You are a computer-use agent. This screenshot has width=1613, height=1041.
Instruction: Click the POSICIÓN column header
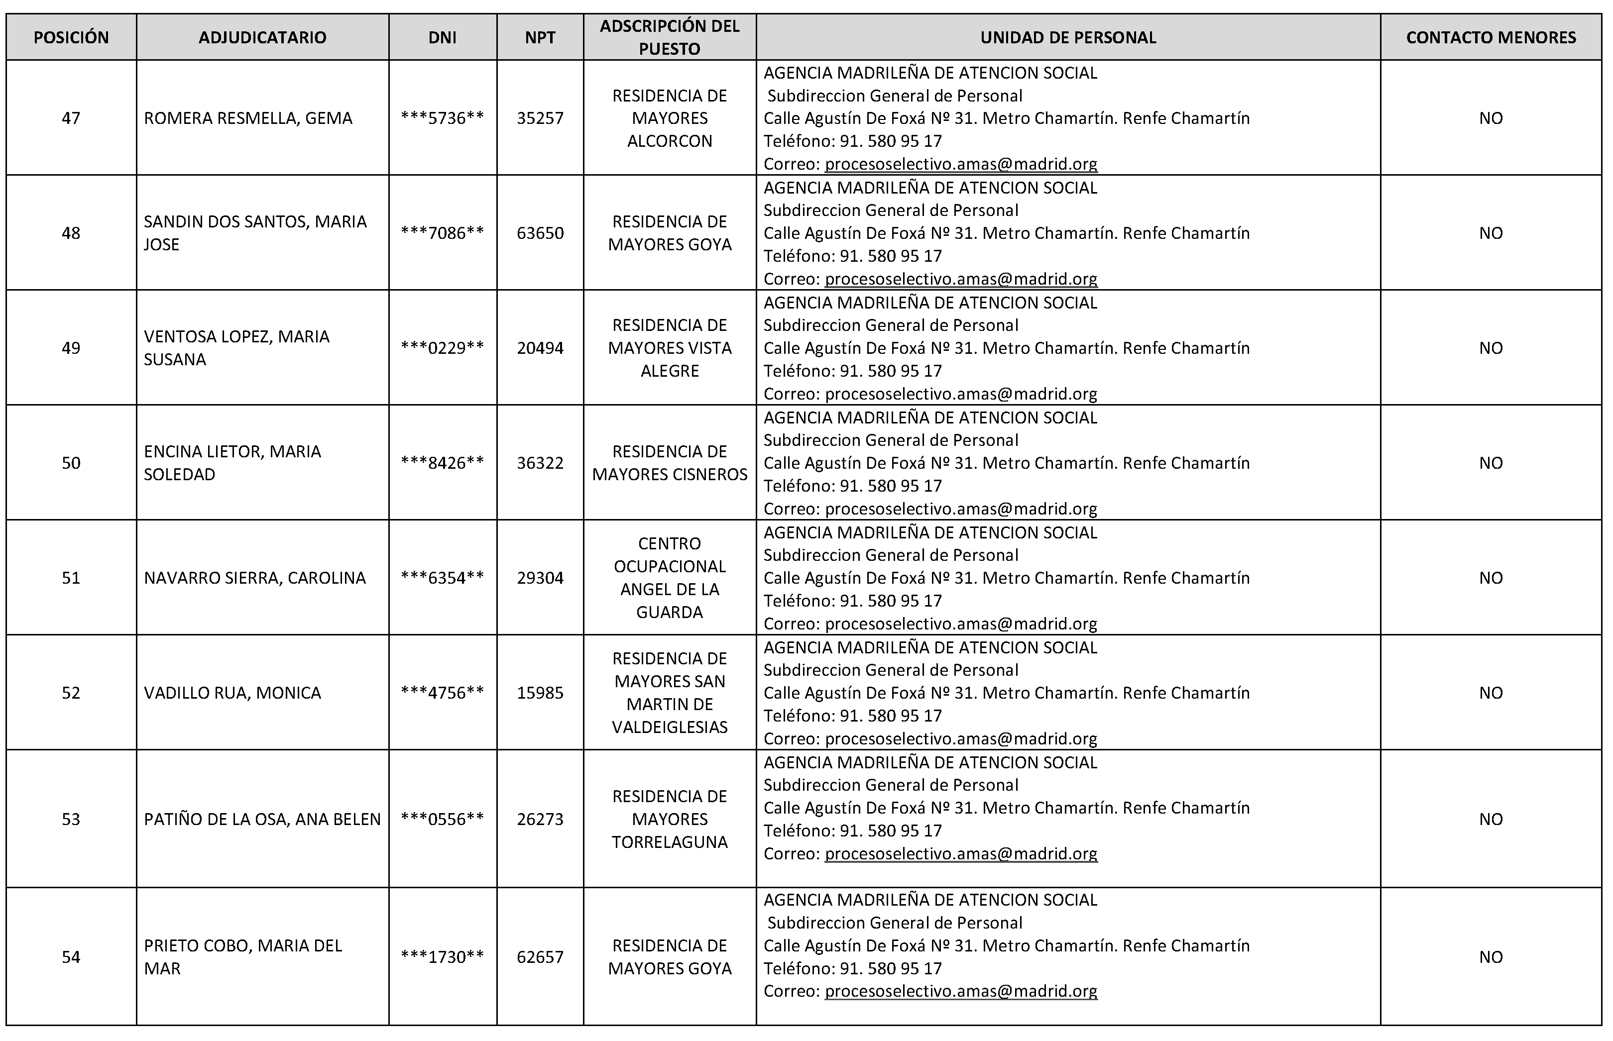[x=71, y=38]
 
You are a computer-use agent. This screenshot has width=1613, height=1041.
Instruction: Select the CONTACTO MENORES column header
[x=1491, y=38]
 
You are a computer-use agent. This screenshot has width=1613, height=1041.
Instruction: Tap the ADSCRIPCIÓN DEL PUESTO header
[x=670, y=38]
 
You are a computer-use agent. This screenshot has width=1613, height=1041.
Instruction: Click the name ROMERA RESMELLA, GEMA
[x=248, y=118]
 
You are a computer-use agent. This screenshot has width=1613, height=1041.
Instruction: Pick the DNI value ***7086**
[x=442, y=233]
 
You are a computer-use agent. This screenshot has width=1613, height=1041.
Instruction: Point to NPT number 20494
[x=540, y=348]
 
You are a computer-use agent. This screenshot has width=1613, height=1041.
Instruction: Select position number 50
[x=71, y=463]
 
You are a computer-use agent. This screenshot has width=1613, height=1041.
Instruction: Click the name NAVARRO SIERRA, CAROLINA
[x=255, y=578]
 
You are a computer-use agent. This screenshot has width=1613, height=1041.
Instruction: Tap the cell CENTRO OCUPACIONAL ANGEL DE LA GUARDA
[x=670, y=578]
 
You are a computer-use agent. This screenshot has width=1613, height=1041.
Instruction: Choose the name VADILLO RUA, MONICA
[x=232, y=693]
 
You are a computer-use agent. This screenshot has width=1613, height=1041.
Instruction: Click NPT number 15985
[x=540, y=693]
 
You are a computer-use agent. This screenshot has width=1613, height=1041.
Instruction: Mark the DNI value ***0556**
[x=442, y=819]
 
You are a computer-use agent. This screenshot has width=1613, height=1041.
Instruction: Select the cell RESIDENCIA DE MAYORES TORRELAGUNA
[x=670, y=819]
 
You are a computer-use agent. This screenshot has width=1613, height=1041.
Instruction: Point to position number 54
[x=71, y=957]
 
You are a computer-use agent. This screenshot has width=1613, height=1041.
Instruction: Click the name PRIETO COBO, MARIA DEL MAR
[x=243, y=957]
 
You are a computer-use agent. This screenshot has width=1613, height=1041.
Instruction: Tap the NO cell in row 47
[x=1491, y=118]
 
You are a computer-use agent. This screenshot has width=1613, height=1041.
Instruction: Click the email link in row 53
[x=960, y=854]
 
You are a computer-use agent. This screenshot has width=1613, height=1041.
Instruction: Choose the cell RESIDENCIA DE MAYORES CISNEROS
[x=670, y=463]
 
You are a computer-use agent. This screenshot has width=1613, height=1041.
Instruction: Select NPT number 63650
[x=540, y=233]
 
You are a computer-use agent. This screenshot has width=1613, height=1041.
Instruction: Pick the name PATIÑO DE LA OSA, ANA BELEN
[x=262, y=819]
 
